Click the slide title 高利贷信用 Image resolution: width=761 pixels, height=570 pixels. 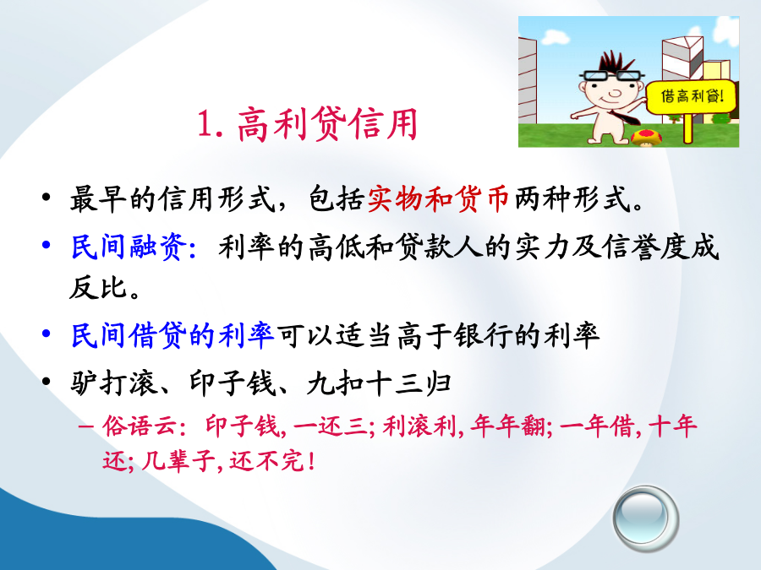point(327,124)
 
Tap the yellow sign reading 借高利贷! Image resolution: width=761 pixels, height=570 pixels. point(692,96)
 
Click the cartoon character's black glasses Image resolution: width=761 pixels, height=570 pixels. point(612,76)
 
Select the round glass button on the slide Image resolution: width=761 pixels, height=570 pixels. point(645,518)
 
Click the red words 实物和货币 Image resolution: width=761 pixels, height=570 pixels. point(438,198)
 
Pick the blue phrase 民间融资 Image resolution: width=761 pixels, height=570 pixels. point(129,247)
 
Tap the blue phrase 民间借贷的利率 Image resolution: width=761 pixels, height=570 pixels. point(172,335)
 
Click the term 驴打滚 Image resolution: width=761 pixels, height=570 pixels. point(113,383)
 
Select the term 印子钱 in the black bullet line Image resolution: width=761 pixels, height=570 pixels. point(232,383)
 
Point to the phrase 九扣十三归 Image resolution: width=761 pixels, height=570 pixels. point(379,383)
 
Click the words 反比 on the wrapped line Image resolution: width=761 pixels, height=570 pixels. point(99,287)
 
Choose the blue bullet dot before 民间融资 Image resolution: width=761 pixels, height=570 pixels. point(47,245)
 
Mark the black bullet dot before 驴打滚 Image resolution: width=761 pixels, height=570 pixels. point(47,382)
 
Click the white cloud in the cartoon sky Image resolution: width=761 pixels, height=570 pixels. point(556,35)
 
